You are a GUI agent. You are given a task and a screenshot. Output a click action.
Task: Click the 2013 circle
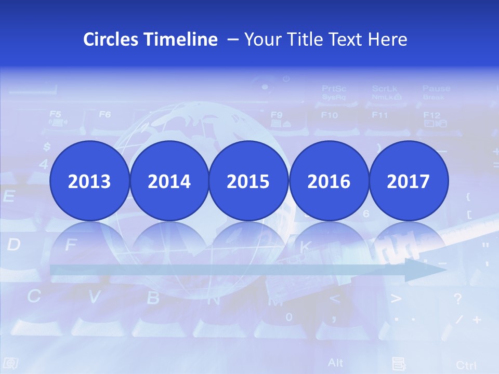(89, 181)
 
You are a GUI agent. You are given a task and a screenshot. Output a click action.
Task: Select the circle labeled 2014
(169, 181)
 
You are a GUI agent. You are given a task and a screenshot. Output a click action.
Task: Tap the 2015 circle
(248, 181)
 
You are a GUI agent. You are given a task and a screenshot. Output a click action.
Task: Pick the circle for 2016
(329, 181)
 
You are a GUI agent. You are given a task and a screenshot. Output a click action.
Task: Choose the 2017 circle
(408, 181)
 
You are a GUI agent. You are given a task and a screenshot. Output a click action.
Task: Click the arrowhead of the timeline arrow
(426, 270)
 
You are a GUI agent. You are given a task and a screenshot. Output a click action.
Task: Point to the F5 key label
(55, 114)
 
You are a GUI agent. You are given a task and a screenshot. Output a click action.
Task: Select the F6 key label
(105, 114)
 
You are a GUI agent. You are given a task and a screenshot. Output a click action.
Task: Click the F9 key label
(277, 115)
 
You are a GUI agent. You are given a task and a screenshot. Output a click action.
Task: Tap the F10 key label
(329, 115)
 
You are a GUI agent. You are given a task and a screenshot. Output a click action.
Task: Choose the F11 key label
(380, 115)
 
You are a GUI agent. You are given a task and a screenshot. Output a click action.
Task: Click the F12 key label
(431, 115)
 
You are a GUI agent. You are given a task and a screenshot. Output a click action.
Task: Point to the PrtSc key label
(334, 89)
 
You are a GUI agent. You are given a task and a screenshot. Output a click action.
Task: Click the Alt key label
(336, 362)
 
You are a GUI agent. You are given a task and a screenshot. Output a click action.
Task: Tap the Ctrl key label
(466, 365)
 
